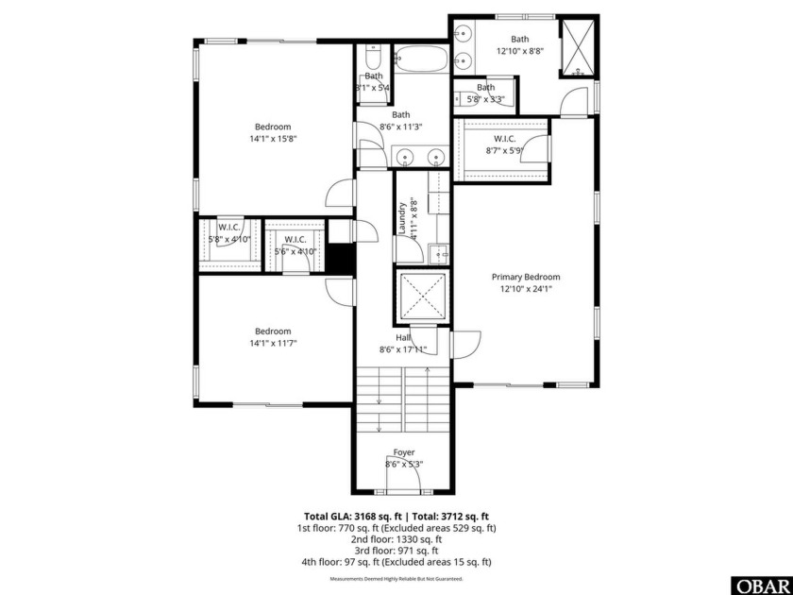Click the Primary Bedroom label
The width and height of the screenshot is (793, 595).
pyautogui.click(x=525, y=277)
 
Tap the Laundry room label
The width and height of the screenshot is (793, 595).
pyautogui.click(x=401, y=216)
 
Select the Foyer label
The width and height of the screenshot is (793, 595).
pyautogui.click(x=403, y=452)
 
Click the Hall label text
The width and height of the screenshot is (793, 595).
pyautogui.click(x=402, y=336)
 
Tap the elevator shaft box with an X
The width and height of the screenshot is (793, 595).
pyautogui.click(x=421, y=297)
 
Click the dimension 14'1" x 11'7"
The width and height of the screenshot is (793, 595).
pyautogui.click(x=273, y=344)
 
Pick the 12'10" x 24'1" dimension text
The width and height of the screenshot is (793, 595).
pyautogui.click(x=525, y=289)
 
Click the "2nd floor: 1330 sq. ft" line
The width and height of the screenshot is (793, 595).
pyautogui.click(x=396, y=539)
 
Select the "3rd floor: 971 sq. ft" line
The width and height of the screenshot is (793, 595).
pyautogui.click(x=396, y=551)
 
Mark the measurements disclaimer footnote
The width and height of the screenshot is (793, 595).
pyautogui.click(x=396, y=578)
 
